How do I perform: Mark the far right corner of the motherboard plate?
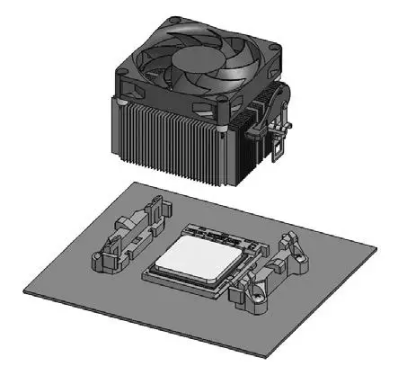372,241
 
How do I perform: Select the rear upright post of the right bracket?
289,242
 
